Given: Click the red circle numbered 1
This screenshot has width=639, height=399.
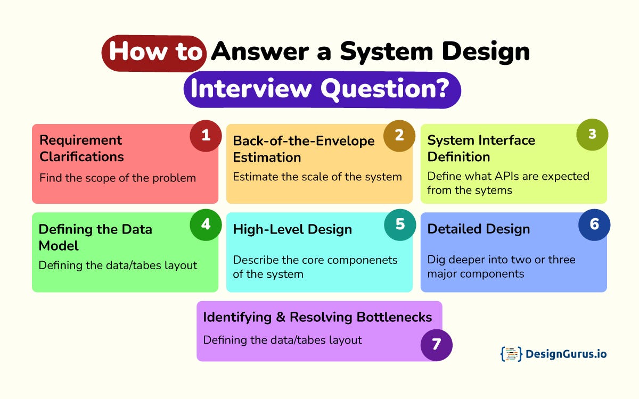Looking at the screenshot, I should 206,136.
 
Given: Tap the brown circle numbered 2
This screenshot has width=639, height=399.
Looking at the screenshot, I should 399,136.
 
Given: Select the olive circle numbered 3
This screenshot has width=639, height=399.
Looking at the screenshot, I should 592,134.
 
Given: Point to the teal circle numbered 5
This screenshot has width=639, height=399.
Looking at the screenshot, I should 399,225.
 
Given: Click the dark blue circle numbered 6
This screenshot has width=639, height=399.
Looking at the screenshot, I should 594,225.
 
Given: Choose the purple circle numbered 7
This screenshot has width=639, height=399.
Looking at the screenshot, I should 436,345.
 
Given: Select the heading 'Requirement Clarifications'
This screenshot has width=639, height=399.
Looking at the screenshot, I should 81,148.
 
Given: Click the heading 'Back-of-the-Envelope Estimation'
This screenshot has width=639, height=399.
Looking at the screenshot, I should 304,148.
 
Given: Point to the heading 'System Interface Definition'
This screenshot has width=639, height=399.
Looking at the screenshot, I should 481,148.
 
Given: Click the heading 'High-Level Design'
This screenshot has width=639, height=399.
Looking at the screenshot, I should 292,229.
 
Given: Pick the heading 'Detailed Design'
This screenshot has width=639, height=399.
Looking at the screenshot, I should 478,229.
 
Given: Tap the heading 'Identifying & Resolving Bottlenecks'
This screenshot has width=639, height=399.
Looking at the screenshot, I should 317,317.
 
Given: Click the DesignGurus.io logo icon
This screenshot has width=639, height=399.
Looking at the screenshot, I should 510,354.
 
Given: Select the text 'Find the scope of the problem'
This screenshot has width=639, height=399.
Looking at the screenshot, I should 117,178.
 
